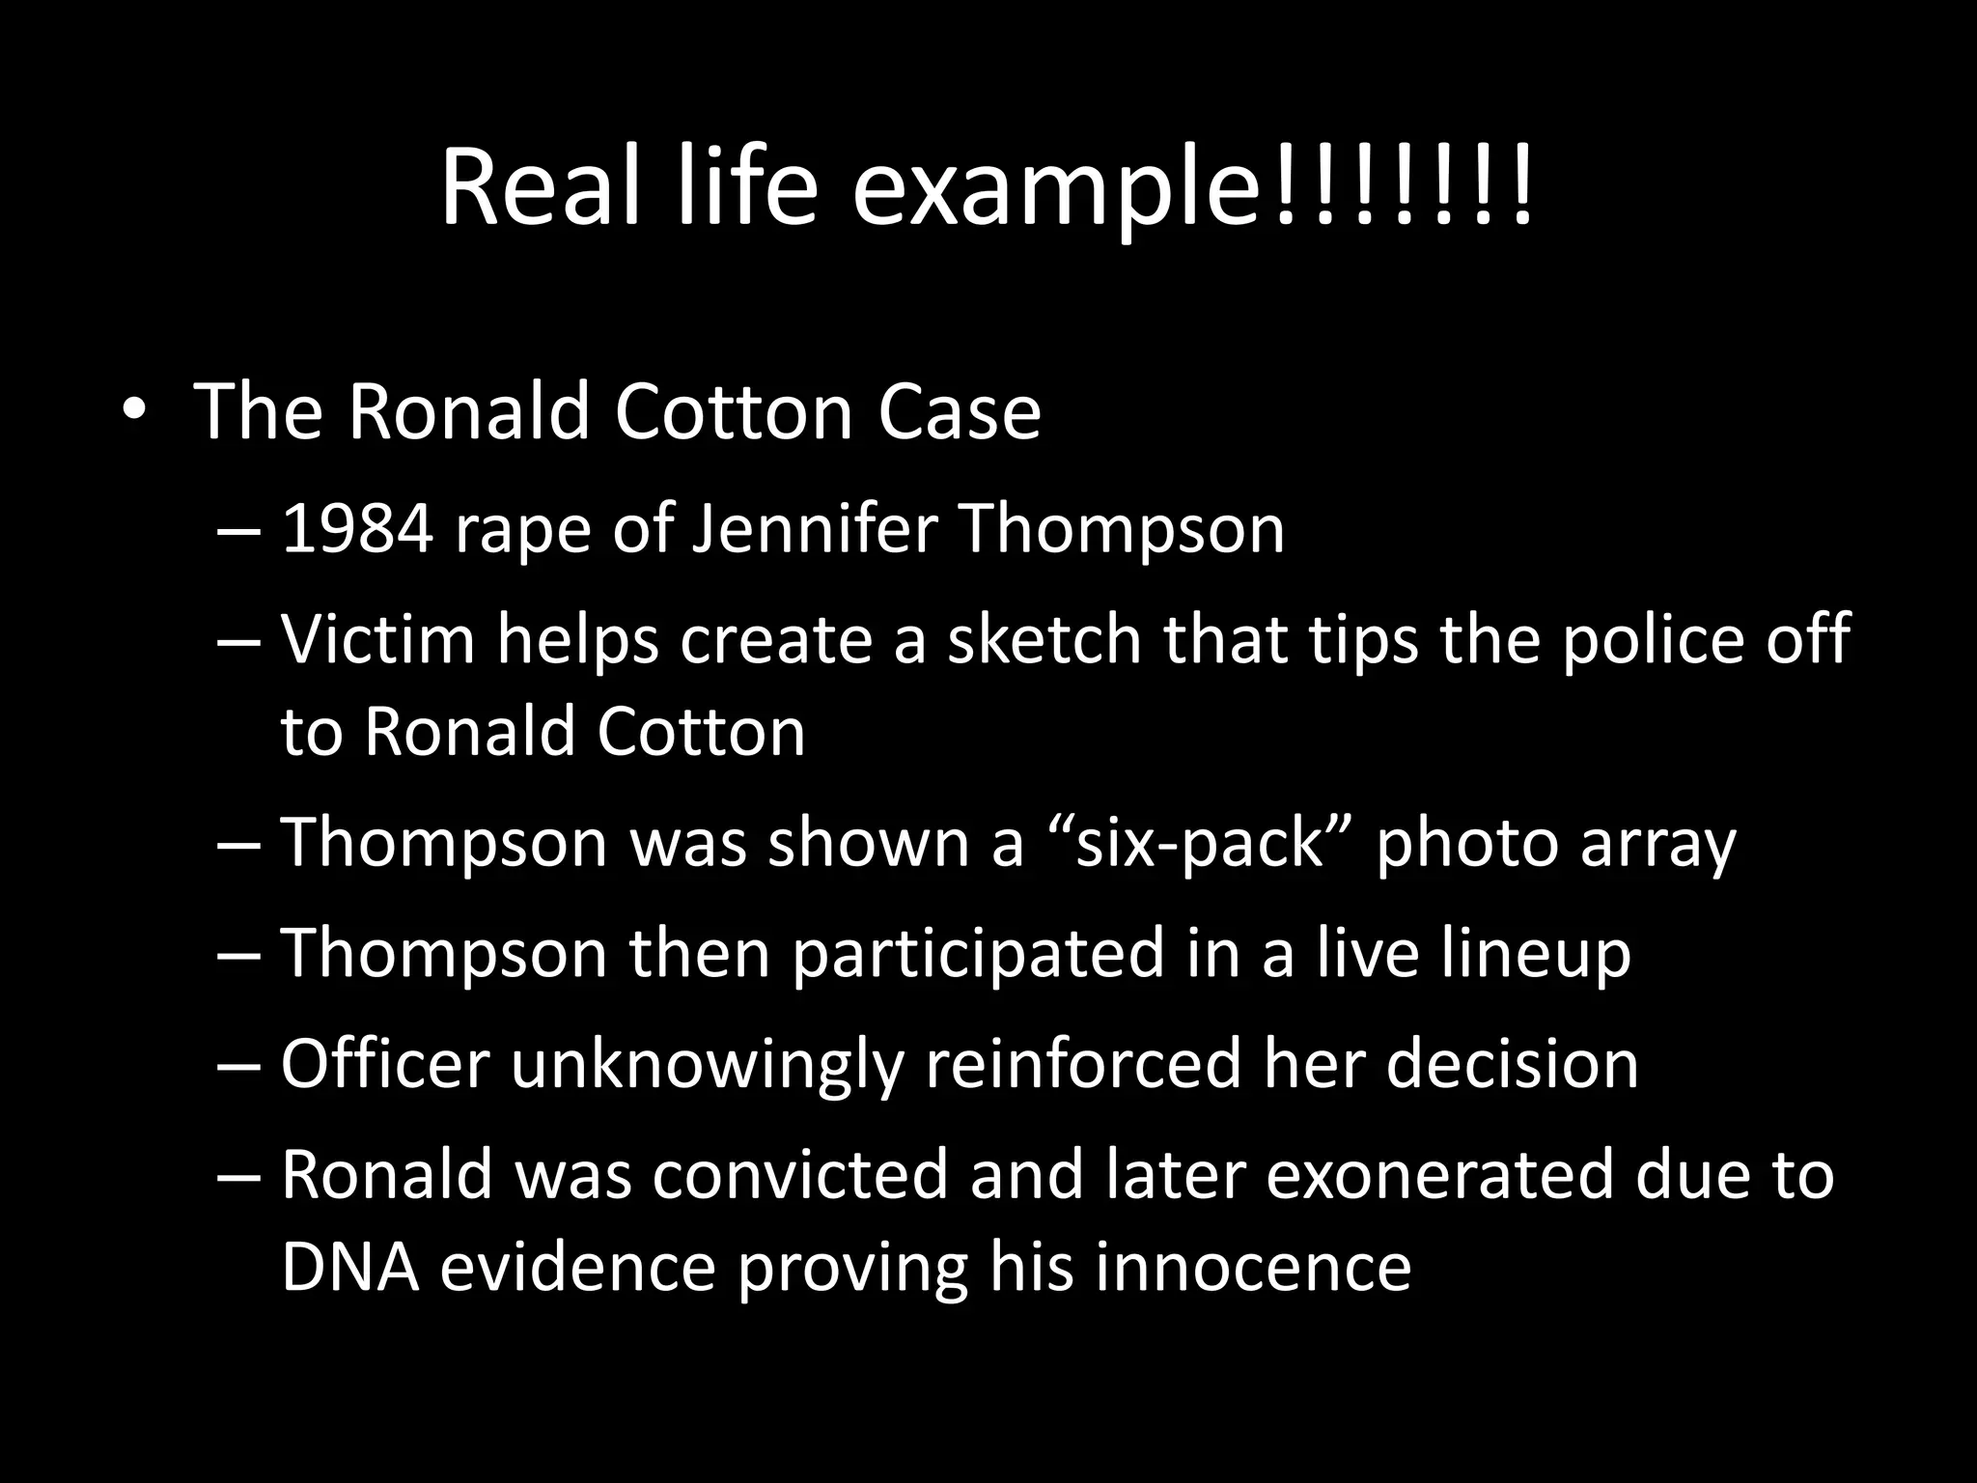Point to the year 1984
coord(356,530)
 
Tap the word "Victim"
coord(378,640)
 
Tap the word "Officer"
coord(385,1064)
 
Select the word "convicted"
coord(800,1175)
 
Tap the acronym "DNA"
coord(350,1268)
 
